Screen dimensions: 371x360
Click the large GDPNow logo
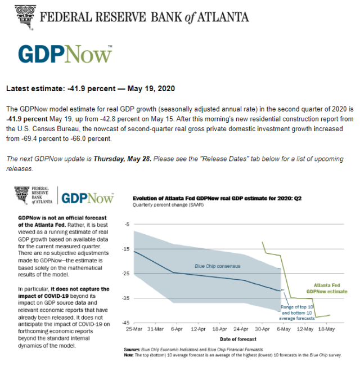point(65,55)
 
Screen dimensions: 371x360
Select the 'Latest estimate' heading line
point(90,89)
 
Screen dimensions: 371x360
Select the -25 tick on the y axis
point(125,274)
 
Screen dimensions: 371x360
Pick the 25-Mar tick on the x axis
point(134,329)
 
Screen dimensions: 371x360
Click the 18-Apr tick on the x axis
point(221,329)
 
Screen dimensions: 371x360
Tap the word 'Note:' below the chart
point(129,355)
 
